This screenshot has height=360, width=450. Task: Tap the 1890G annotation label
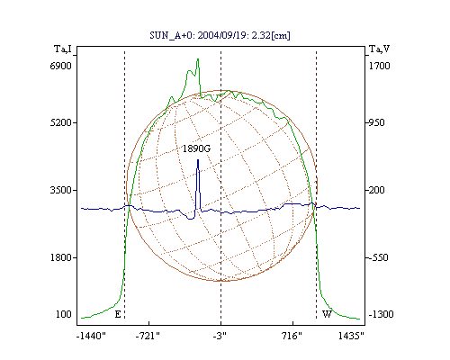pos(196,148)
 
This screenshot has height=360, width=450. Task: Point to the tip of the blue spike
pos(198,160)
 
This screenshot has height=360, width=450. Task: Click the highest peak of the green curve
pos(198,58)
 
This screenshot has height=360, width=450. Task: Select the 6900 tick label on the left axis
pos(60,66)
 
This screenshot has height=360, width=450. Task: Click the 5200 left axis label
pos(60,122)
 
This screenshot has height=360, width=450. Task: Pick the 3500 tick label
pos(60,190)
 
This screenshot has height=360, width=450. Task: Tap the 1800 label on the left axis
pos(60,257)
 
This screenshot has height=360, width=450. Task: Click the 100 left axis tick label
pos(64,314)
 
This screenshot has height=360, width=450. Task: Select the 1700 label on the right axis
pos(379,66)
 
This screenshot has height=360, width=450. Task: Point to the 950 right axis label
pos(376,122)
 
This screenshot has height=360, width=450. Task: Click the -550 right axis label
pos(378,257)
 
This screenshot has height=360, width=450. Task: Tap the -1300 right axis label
pos(381,314)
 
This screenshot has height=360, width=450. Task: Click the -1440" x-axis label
pos(91,336)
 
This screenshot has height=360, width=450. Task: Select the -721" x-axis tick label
pos(148,336)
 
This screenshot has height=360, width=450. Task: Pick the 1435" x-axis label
pos(351,336)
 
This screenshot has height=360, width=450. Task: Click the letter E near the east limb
pos(118,314)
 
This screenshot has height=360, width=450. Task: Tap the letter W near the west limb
pos(327,314)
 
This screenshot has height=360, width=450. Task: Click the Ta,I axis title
pos(63,49)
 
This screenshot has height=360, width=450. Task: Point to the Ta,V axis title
pos(379,49)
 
